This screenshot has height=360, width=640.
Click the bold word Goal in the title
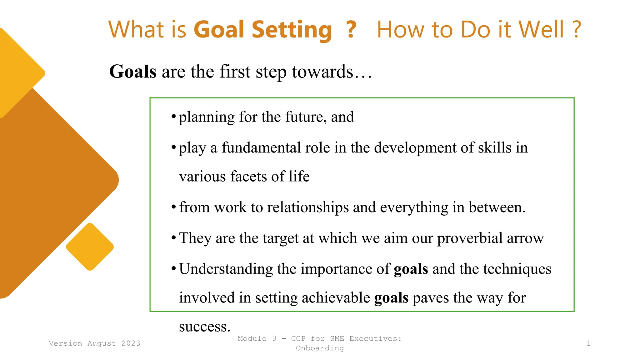(219, 30)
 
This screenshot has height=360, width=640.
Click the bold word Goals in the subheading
(133, 72)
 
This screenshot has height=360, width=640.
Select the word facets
(248, 177)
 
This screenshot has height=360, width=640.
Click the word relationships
(308, 207)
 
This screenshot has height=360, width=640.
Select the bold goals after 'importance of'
(411, 269)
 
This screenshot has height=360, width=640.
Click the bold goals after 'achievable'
(391, 298)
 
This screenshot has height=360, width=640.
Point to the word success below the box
(204, 327)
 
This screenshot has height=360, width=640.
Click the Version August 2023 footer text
(94, 343)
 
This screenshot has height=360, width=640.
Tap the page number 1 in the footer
(588, 343)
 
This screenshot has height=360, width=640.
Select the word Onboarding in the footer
(320, 348)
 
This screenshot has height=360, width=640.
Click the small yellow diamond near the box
(90, 247)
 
